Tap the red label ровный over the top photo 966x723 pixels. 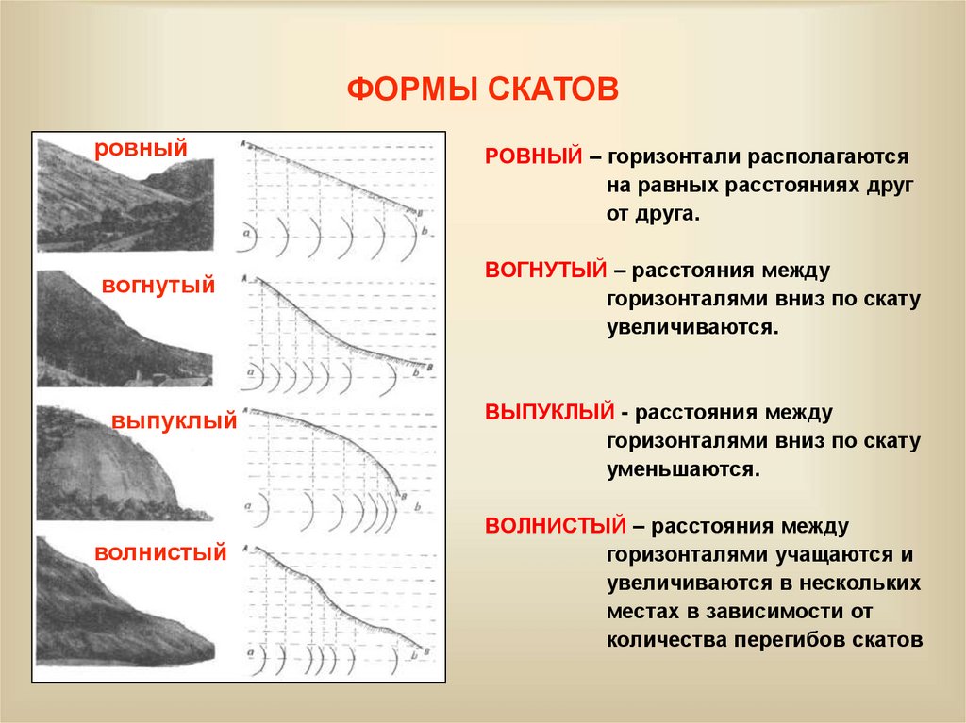click(x=141, y=148)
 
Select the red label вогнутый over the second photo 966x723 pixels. click(x=159, y=285)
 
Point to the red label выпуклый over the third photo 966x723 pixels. click(x=174, y=421)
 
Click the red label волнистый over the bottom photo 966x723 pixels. click(x=160, y=551)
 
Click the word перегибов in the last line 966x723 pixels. click(x=791, y=639)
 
